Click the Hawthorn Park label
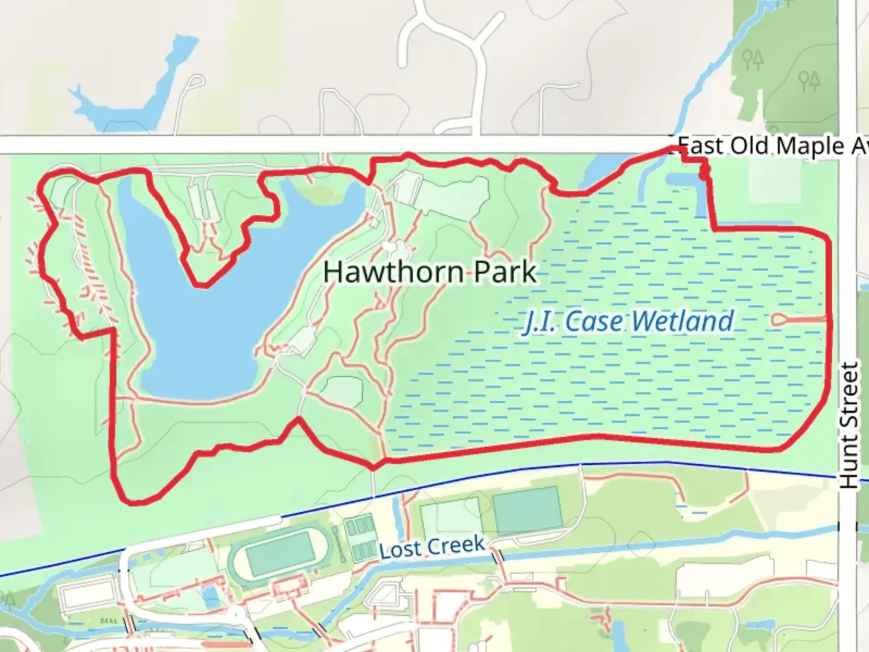[x=429, y=272]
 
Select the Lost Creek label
[x=432, y=548]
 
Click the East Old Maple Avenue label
[x=772, y=146]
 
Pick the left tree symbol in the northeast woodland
[x=753, y=60]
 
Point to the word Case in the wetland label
[x=588, y=321]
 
